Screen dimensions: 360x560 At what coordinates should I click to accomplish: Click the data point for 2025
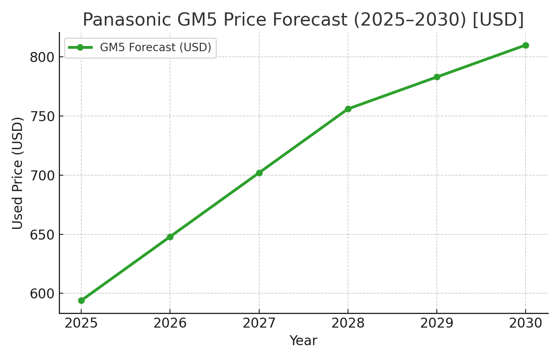point(81,300)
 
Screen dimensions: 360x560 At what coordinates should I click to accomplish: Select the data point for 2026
point(170,237)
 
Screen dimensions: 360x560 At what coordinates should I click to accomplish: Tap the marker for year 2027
point(259,173)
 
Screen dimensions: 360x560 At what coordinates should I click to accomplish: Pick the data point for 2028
point(348,109)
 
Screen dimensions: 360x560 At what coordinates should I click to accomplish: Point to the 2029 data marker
point(437,77)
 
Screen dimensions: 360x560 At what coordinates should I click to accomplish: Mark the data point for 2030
point(526,45)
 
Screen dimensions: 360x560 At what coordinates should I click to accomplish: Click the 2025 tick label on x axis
point(81,323)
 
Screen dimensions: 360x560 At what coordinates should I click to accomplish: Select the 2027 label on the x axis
point(259,323)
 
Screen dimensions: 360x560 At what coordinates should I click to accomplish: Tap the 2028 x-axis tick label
point(348,323)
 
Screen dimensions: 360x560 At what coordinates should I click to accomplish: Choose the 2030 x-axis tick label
point(526,323)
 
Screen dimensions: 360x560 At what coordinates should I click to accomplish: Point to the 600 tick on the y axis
point(42,294)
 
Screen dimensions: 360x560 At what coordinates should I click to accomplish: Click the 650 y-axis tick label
point(42,234)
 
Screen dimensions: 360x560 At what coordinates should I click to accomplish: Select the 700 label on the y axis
point(42,175)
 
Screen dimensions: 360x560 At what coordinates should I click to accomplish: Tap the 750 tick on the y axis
point(42,116)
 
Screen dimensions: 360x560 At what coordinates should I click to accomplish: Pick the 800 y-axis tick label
point(42,57)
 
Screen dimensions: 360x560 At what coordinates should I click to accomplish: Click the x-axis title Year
point(303,341)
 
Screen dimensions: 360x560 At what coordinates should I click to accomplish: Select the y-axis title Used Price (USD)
point(17,173)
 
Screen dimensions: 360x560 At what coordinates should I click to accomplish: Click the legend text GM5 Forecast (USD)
point(156,48)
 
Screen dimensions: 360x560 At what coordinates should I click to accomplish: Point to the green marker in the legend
point(80,48)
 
